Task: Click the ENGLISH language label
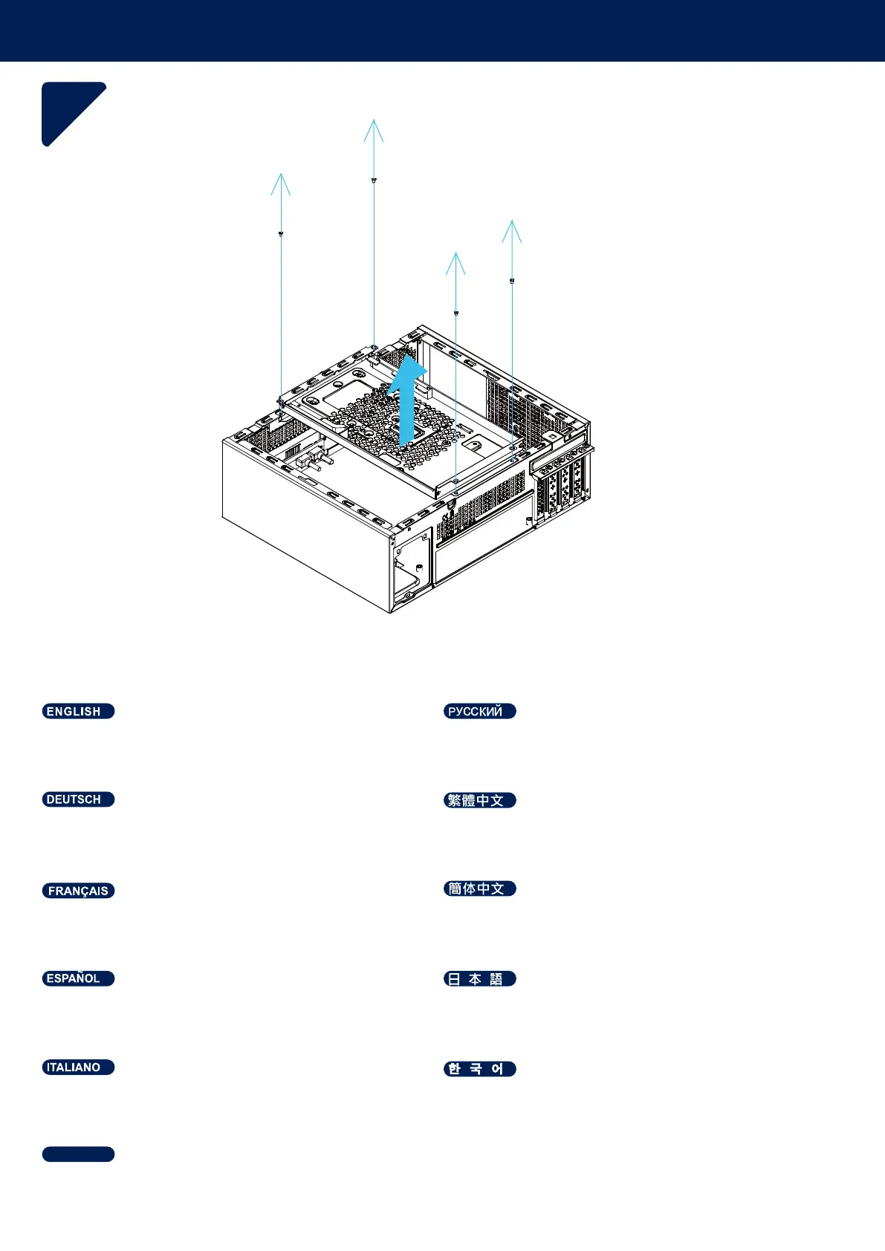78,712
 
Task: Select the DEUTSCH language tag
78,799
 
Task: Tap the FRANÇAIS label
78,891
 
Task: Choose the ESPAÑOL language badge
78,978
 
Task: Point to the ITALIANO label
78,1068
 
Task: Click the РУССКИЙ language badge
479,712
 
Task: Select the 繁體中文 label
479,800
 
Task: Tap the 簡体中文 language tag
479,888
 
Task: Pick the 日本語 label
479,979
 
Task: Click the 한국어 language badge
479,1069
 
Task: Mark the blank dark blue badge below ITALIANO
78,1154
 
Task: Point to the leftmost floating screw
281,234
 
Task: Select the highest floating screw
374,181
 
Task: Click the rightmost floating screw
512,281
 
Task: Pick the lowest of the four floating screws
456,313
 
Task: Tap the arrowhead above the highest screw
374,129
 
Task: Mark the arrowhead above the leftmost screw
280,183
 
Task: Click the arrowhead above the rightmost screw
512,230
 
